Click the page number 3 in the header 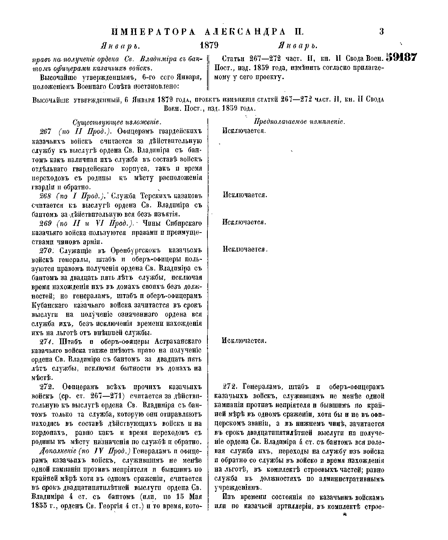[x=381, y=31]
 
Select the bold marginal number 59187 [x=401, y=58]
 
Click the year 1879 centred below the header [x=209, y=45]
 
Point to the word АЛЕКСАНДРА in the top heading [x=248, y=32]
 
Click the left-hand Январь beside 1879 [x=120, y=46]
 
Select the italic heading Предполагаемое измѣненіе [x=300, y=122]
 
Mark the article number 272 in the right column [x=229, y=387]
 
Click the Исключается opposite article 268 [x=245, y=195]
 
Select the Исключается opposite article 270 [x=245, y=249]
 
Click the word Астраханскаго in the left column [x=178, y=341]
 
